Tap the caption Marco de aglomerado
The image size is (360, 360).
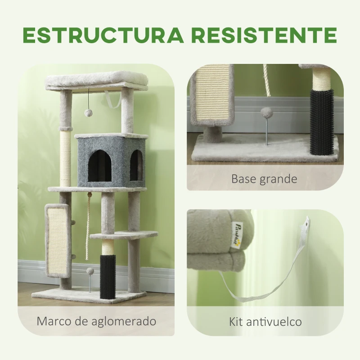(x=96, y=321)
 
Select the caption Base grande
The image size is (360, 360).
(x=264, y=179)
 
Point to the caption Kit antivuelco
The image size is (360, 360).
(x=265, y=322)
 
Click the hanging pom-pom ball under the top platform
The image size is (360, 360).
(x=88, y=112)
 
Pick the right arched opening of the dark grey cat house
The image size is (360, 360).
(x=136, y=165)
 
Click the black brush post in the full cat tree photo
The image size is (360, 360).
(x=108, y=274)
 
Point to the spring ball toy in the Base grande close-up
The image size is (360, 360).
(x=267, y=113)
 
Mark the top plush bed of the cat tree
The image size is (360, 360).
(x=97, y=80)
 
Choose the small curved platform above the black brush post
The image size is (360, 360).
(x=124, y=235)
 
